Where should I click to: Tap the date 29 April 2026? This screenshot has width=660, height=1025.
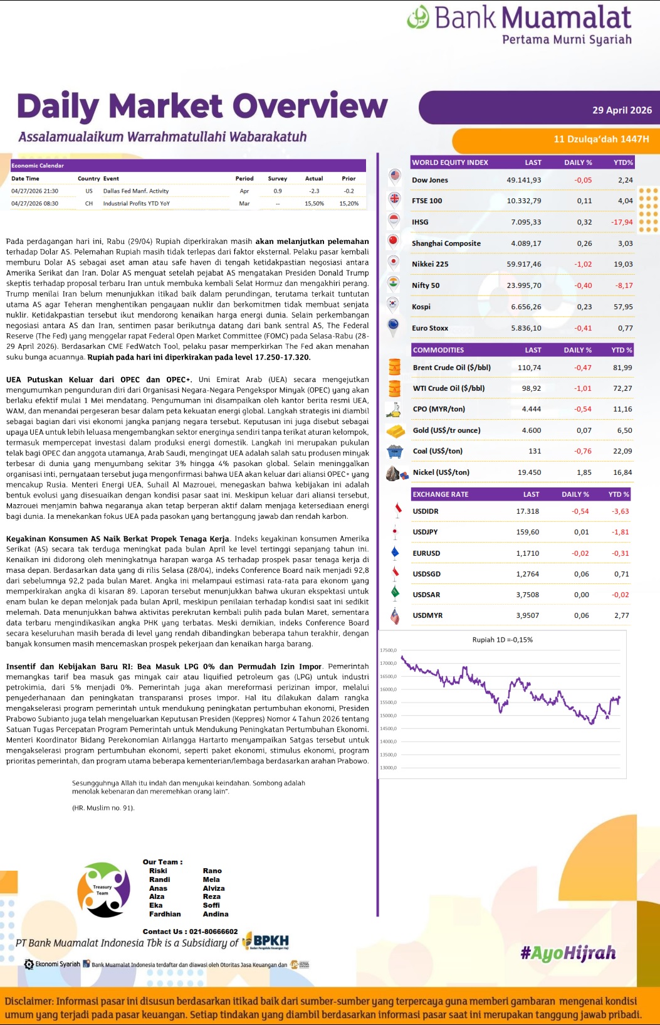point(622,110)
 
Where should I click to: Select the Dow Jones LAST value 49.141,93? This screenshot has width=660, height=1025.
point(523,180)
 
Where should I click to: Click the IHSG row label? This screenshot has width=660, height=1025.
point(420,222)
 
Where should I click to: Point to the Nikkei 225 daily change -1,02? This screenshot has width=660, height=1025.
point(583,264)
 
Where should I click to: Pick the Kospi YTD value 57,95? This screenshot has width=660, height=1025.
point(623,307)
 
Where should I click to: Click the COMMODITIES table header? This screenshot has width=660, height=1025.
point(438,350)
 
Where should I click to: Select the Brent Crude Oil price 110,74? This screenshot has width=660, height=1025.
point(529,368)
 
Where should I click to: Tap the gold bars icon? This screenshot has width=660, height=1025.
point(395,431)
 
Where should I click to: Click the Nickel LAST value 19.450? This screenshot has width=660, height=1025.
point(529,472)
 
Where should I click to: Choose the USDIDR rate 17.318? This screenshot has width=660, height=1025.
point(527,511)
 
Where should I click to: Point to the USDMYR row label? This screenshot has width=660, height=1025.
point(427,615)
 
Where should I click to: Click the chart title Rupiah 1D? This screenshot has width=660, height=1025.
point(502,640)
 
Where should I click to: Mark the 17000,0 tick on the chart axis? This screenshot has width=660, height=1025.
point(388,663)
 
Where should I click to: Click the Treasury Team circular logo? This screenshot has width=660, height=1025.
point(103,890)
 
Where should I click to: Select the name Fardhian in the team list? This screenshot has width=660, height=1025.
point(165,914)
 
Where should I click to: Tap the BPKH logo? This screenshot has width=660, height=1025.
point(266,941)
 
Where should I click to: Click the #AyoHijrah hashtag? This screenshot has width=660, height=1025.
point(568,953)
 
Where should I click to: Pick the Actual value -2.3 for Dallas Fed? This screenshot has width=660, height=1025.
point(313,191)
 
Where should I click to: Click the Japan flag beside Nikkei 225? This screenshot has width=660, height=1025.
point(394,263)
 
